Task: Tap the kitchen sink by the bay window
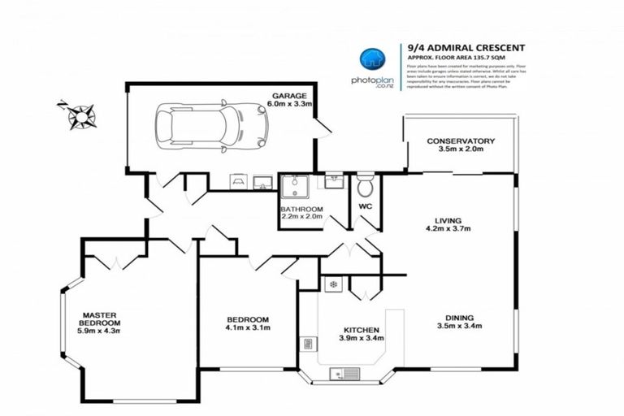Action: click(346, 374)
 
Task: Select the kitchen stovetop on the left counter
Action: click(308, 344)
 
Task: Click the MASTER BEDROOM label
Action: click(99, 318)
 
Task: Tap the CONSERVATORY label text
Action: click(461, 141)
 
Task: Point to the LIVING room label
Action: click(448, 220)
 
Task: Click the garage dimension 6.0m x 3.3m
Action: click(289, 105)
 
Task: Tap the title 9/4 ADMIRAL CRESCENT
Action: click(457, 49)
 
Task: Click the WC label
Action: click(365, 207)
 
